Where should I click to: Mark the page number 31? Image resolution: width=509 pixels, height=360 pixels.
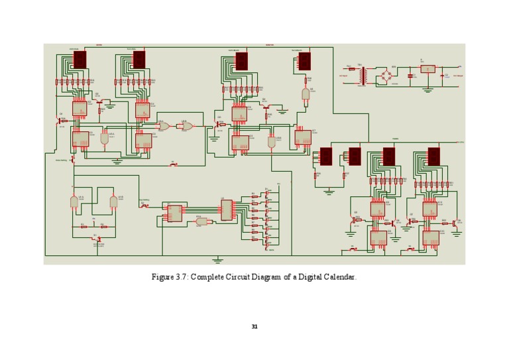(x=254, y=326)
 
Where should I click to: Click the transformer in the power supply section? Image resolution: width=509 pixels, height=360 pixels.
(x=363, y=76)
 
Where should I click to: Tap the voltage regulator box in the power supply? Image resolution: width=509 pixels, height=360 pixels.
(x=428, y=69)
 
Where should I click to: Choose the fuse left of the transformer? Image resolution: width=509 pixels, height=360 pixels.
(x=351, y=68)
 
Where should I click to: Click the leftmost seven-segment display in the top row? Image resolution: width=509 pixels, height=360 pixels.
(x=80, y=60)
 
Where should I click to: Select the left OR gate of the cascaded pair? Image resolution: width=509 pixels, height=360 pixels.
(x=164, y=126)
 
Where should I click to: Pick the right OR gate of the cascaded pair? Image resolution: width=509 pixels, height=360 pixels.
(x=188, y=126)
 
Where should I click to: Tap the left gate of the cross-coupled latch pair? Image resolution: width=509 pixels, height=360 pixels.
(x=74, y=200)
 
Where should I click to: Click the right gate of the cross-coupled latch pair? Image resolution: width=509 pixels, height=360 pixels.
(x=113, y=200)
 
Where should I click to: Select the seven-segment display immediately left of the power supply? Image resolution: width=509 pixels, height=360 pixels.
(x=304, y=62)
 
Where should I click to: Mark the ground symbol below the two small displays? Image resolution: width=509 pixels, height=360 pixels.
(x=329, y=191)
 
